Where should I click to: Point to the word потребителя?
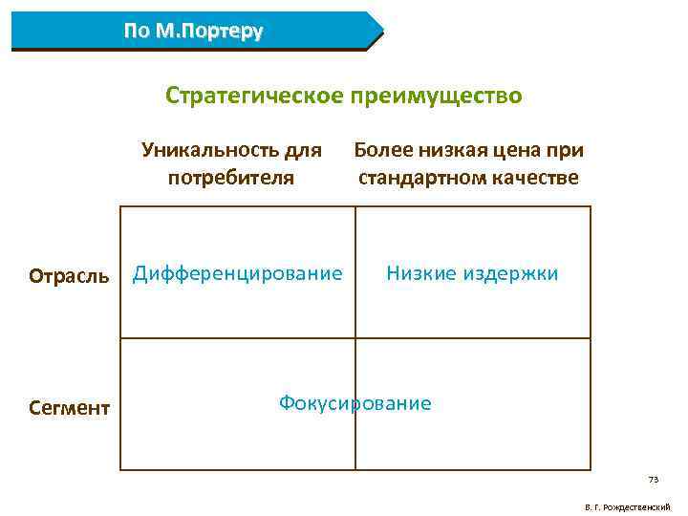[230, 178]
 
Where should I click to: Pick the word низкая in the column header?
[453, 150]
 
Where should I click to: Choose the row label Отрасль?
[69, 276]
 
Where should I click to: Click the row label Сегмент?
[69, 409]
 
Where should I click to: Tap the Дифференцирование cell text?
[237, 274]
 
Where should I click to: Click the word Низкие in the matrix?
[421, 274]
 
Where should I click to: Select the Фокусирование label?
[355, 403]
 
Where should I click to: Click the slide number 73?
[654, 480]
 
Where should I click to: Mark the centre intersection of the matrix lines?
[355, 338]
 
